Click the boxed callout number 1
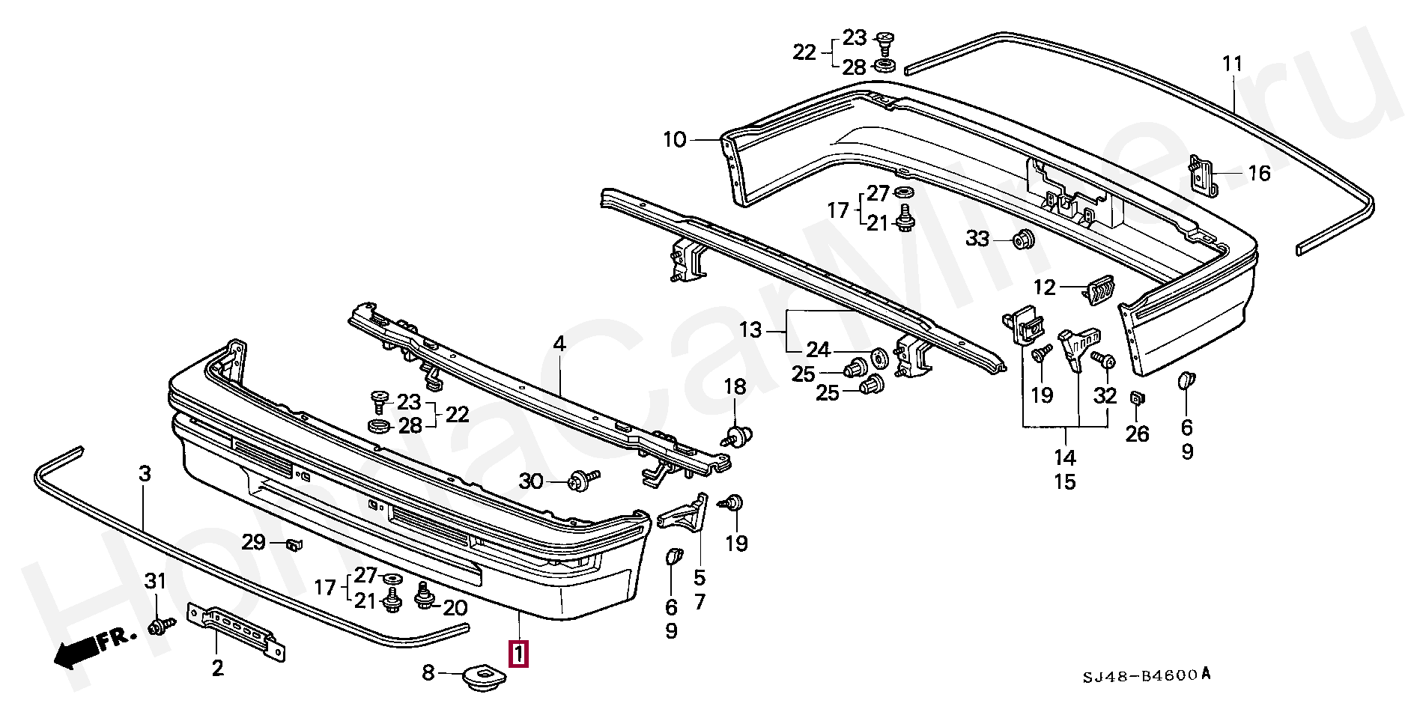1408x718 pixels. click(x=518, y=654)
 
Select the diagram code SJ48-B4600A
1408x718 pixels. click(x=1146, y=675)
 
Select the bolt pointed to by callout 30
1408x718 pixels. click(x=584, y=481)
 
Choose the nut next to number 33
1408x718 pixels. click(x=1023, y=240)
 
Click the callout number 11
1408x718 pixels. click(x=1233, y=64)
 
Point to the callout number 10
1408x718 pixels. click(x=674, y=139)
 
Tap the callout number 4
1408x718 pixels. click(x=559, y=344)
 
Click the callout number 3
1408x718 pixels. click(x=145, y=473)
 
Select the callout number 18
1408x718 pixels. click(x=735, y=386)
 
